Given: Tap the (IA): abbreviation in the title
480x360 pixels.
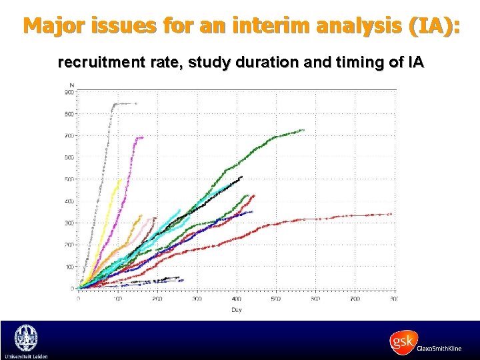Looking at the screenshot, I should (x=427, y=26).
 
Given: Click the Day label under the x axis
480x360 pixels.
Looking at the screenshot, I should (x=237, y=310).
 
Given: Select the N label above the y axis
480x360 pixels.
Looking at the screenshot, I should (x=71, y=85).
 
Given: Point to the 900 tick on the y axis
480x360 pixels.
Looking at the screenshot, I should (x=69, y=93).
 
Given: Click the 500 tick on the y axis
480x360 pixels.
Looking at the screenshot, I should (x=69, y=179).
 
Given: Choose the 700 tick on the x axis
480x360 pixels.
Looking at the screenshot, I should (x=355, y=299).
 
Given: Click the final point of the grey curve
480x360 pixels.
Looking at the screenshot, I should (x=136, y=103).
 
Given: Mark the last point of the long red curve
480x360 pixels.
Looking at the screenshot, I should (x=390, y=214).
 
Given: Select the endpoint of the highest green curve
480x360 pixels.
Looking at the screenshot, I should (x=303, y=130).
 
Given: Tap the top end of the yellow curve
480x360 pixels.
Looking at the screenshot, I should (x=121, y=179).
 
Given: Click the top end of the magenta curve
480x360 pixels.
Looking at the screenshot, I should (x=142, y=137).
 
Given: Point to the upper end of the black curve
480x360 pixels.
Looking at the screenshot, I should (x=241, y=177).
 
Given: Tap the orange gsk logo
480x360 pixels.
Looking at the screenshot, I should (x=403, y=341).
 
